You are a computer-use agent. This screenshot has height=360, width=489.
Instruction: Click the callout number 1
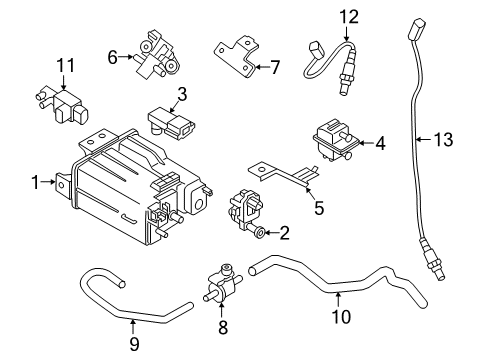[36, 182]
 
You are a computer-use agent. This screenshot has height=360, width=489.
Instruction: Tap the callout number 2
[285, 234]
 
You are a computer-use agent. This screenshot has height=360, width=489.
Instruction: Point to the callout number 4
[379, 143]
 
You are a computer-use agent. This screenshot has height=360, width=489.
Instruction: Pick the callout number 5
[319, 209]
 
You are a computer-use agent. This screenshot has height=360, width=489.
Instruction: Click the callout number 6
[113, 58]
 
